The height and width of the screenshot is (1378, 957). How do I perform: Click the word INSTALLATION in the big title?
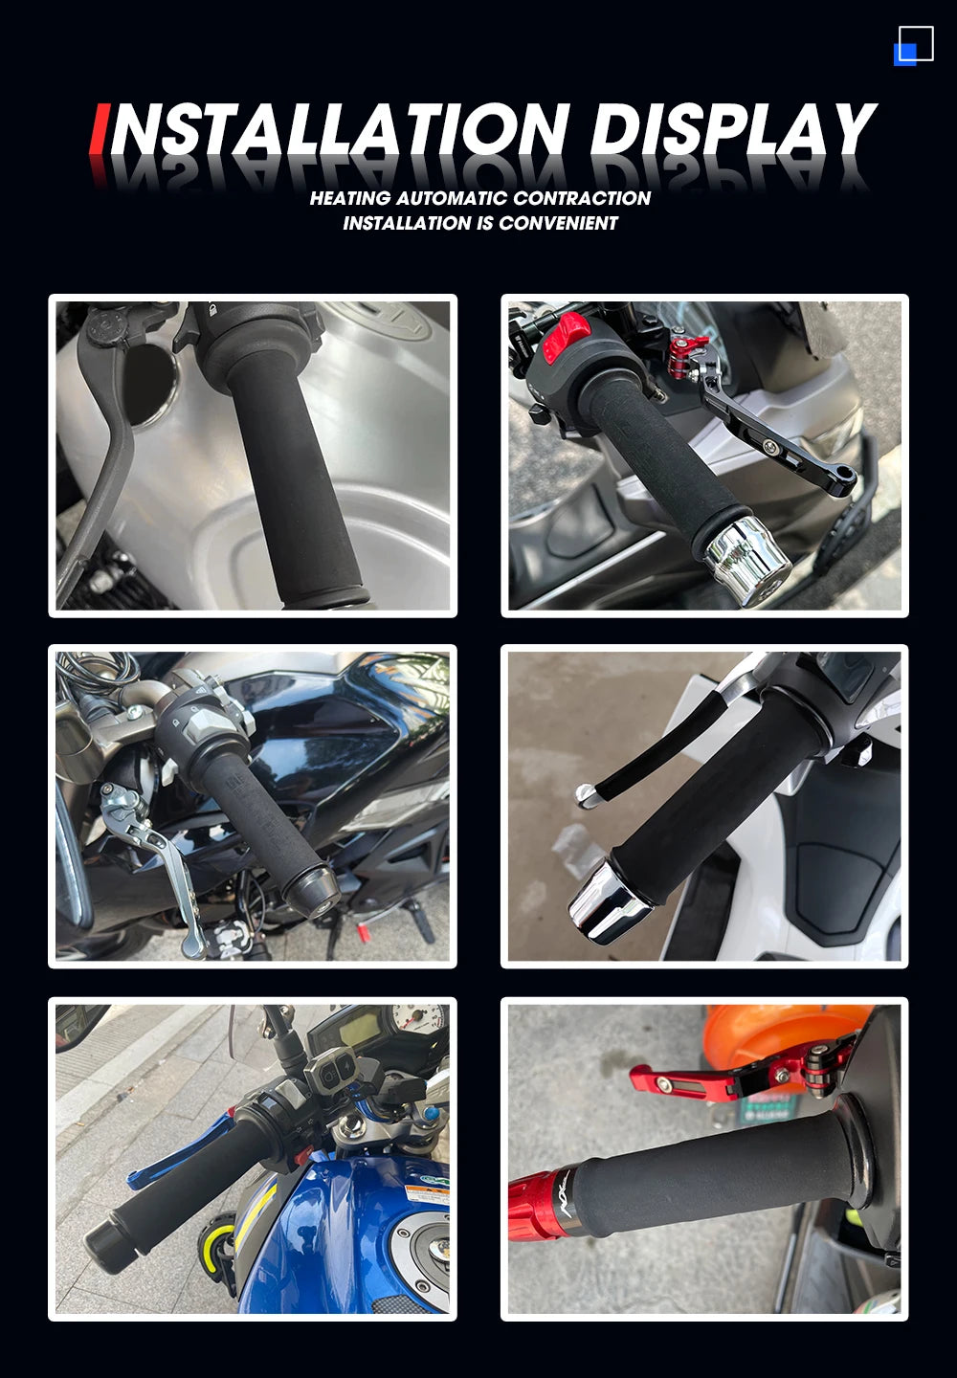tap(332, 128)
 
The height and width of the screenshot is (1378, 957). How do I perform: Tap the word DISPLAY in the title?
tap(733, 128)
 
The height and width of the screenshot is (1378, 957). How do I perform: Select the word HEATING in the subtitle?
tap(350, 198)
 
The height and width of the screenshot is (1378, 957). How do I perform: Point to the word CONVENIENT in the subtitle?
tap(558, 223)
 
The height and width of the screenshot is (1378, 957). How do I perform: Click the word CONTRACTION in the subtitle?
tap(581, 198)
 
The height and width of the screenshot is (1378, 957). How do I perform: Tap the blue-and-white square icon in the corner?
tap(914, 45)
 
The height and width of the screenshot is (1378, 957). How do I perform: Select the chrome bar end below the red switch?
tap(746, 560)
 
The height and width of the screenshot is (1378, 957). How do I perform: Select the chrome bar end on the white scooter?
tap(611, 902)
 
